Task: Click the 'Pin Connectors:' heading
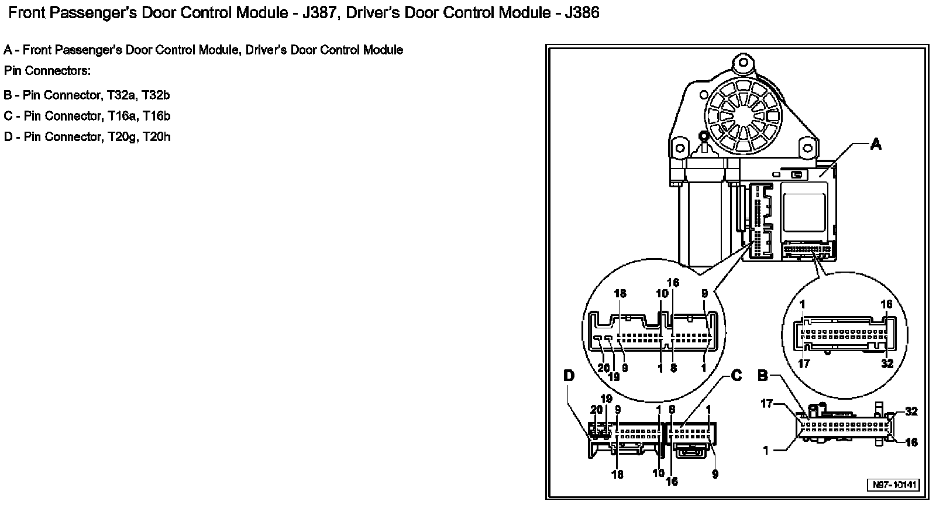pos(47,71)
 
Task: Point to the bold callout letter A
pos(876,144)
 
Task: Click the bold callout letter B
pos(763,376)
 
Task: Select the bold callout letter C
pos(737,376)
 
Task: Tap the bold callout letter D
pos(569,376)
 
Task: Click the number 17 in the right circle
pos(804,363)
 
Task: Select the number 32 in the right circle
pos(887,363)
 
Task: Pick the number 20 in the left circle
pos(603,368)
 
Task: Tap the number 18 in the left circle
pos(620,293)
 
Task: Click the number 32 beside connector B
pos(911,411)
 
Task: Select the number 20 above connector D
pos(596,410)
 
